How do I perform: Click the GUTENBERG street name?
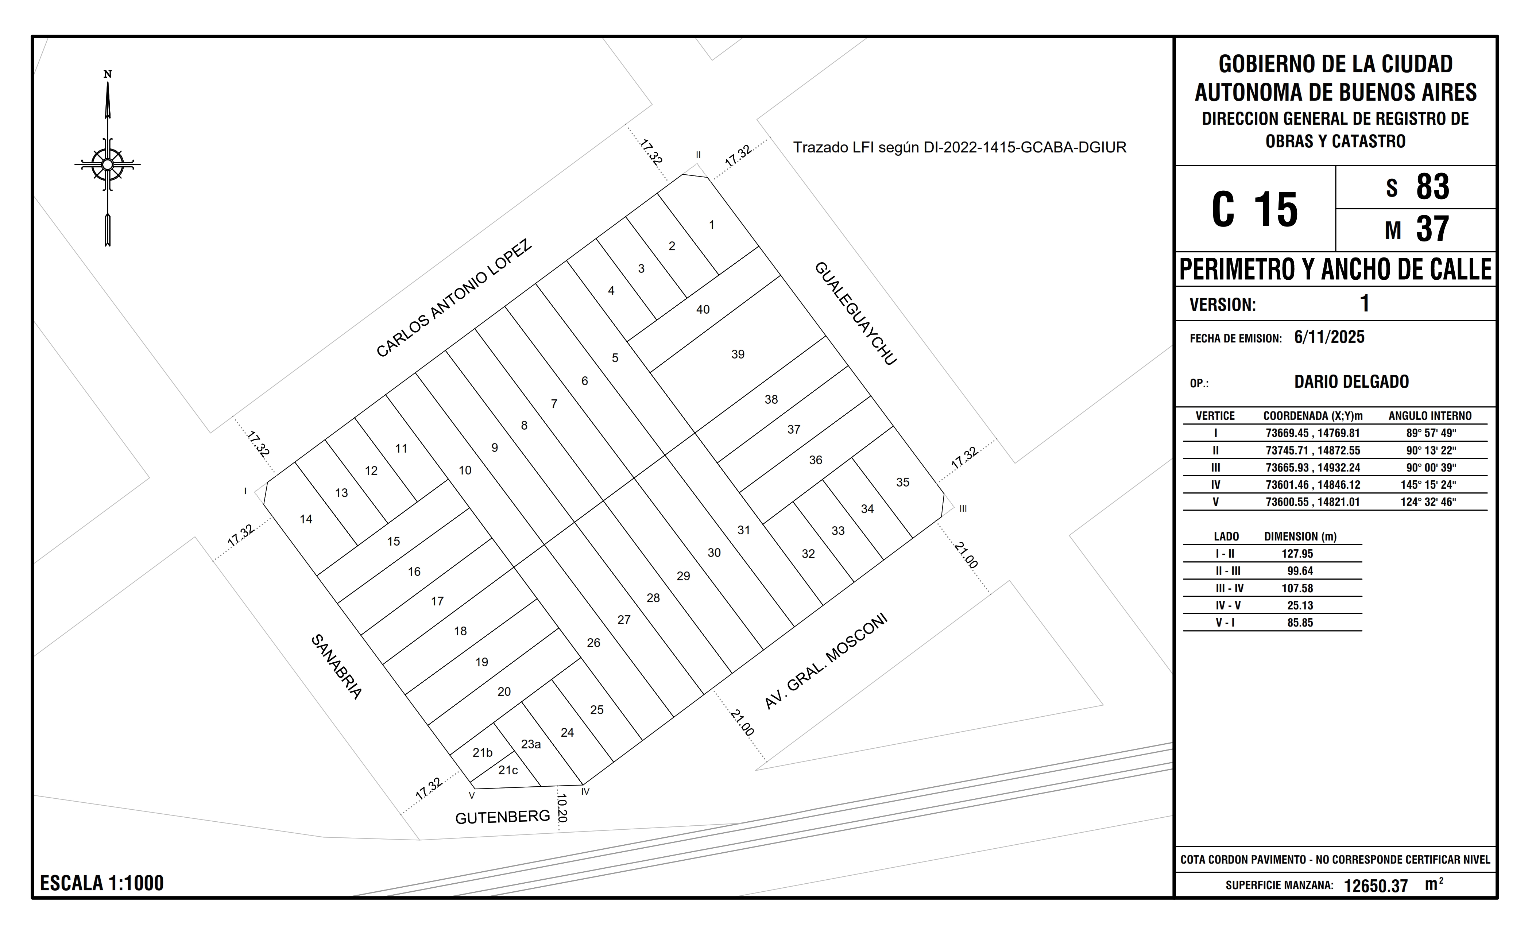(x=502, y=817)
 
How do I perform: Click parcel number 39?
(x=738, y=354)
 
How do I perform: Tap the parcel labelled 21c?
(x=508, y=770)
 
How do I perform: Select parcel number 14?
(x=306, y=519)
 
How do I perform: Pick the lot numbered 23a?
(x=531, y=744)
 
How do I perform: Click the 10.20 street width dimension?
(x=561, y=807)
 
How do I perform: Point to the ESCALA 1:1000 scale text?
(x=102, y=883)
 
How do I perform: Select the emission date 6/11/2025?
(x=1329, y=337)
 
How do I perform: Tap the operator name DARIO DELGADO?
(x=1352, y=382)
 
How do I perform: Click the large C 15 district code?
(x=1255, y=209)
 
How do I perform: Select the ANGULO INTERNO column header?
(x=1430, y=416)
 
